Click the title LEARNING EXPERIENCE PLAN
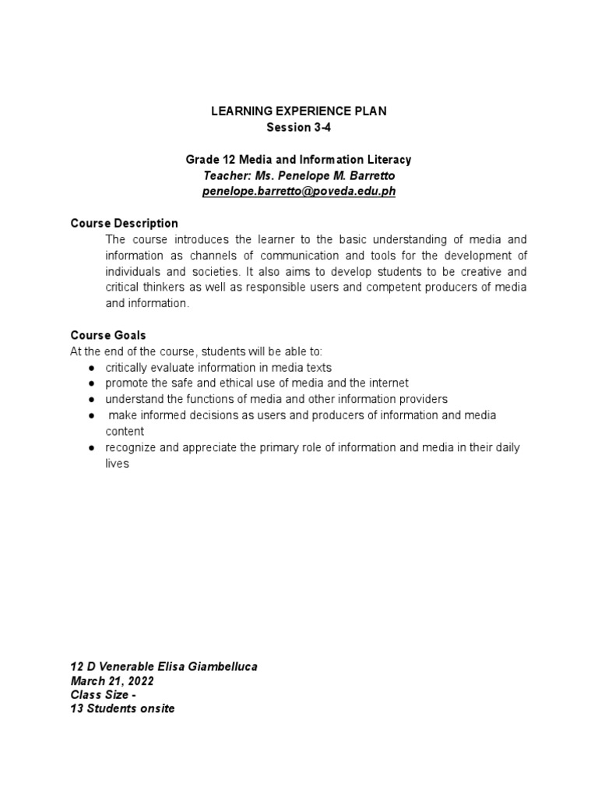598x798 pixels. pyautogui.click(x=298, y=111)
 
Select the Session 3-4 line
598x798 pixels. pyautogui.click(x=298, y=127)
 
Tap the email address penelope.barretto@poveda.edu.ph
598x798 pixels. pyautogui.click(x=298, y=191)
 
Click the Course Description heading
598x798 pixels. pyautogui.click(x=124, y=224)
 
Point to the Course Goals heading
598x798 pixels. pyautogui.click(x=108, y=335)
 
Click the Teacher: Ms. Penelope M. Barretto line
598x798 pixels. pyautogui.click(x=298, y=175)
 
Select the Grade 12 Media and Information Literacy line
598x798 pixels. pyautogui.click(x=298, y=159)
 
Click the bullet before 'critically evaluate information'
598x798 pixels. pyautogui.click(x=91, y=368)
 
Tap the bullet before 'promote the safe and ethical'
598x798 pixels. pyautogui.click(x=91, y=383)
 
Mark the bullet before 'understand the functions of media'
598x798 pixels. pyautogui.click(x=91, y=399)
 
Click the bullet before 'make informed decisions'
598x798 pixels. pyautogui.click(x=91, y=415)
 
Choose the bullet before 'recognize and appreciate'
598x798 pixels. pyautogui.click(x=91, y=447)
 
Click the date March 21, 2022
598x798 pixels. pyautogui.click(x=112, y=680)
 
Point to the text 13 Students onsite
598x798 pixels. pyautogui.click(x=122, y=709)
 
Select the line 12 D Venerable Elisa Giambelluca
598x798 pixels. pyautogui.click(x=164, y=666)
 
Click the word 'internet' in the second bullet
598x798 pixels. pyautogui.click(x=388, y=383)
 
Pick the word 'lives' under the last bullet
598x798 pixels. pyautogui.click(x=117, y=463)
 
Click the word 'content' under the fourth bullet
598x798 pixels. pyautogui.click(x=125, y=431)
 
